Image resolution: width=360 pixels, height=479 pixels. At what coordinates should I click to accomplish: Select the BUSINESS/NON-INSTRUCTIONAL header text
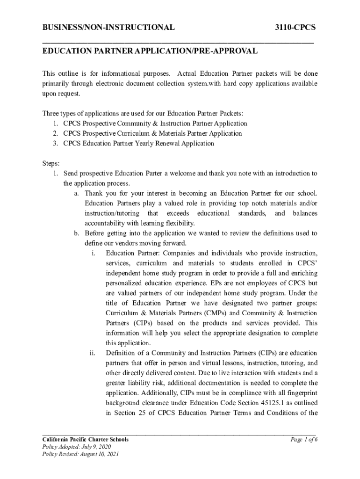pos(108,28)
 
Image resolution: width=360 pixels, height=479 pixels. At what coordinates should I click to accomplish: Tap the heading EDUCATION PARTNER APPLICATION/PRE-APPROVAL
pos(150,51)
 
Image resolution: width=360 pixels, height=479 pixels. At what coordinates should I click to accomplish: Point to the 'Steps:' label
pos(51,163)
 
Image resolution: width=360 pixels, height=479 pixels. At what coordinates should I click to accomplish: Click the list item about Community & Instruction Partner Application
pos(155,123)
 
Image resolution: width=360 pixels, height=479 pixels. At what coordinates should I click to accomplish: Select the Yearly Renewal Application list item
pos(138,143)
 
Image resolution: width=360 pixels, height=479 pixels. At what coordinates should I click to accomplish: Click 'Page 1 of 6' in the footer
pos(304,440)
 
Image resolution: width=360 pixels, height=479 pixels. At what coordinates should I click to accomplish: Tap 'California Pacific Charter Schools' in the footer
pos(86,440)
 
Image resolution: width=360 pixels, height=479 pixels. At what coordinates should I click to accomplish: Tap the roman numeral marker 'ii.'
pos(93,353)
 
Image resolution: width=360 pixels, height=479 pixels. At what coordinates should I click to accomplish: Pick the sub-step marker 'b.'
pos(77,233)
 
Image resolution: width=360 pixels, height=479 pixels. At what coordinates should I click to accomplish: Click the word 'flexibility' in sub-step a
pos(178,223)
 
